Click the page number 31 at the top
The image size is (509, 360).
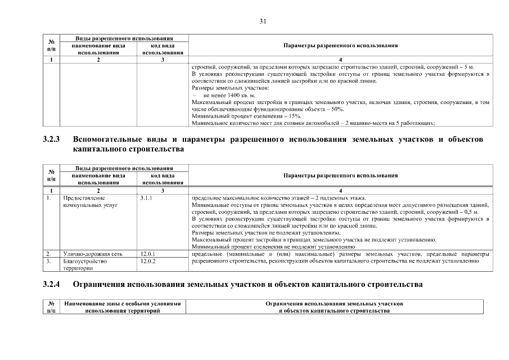(263, 22)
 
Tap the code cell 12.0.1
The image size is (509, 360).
(147, 254)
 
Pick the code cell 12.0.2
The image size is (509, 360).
(147, 262)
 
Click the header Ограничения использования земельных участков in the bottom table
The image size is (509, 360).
(334, 304)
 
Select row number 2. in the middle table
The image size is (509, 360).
(49, 254)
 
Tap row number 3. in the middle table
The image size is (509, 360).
(49, 262)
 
